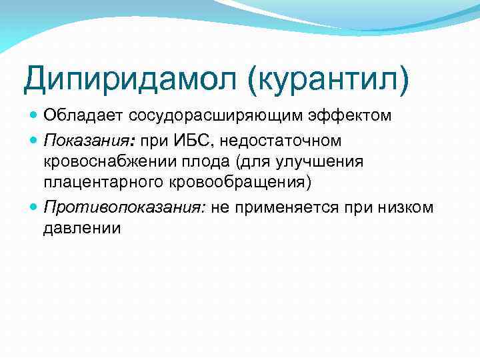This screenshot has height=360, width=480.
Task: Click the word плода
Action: [x=192, y=163]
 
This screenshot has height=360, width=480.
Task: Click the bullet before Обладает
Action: [x=35, y=116]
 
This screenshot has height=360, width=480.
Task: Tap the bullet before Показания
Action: [x=35, y=141]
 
